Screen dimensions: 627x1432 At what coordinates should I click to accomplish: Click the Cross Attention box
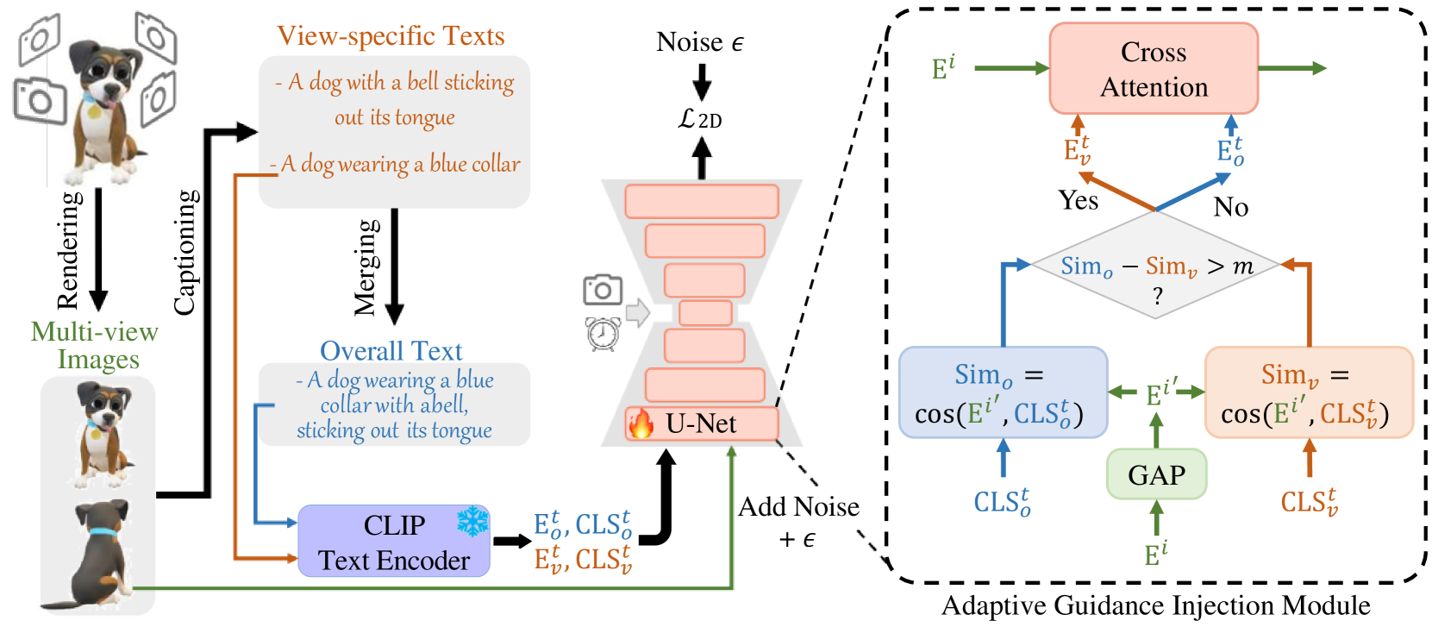pos(1153,69)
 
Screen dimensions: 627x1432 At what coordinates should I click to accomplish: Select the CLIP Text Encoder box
pos(393,542)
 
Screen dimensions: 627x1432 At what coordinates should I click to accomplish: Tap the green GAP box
pos(1156,474)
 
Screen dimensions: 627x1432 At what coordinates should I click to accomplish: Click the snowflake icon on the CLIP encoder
pos(472,521)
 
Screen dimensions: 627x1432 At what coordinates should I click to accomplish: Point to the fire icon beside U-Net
pos(641,423)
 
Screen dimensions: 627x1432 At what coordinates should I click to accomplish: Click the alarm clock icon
pos(603,333)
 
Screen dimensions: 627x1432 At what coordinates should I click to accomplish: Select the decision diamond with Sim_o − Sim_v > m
pos(1156,266)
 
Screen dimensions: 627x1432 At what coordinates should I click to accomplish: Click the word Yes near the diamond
pos(1079,201)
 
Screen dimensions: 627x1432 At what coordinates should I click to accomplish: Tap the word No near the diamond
pos(1230,207)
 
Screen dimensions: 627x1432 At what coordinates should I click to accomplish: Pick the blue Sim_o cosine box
pos(1002,393)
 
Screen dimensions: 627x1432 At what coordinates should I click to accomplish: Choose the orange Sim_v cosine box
pos(1308,393)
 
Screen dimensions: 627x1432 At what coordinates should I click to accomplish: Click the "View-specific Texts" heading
pos(391,36)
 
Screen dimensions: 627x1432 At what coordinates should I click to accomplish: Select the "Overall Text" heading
pos(391,351)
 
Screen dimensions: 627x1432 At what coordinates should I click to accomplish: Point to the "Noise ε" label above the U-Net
pos(699,42)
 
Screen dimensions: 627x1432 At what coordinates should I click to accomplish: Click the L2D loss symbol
pos(699,119)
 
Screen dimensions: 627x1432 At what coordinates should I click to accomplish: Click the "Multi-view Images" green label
pos(96,345)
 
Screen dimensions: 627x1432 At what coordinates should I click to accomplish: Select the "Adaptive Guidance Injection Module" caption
pos(1155,605)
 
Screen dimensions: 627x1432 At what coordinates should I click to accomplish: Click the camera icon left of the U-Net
pos(603,290)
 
